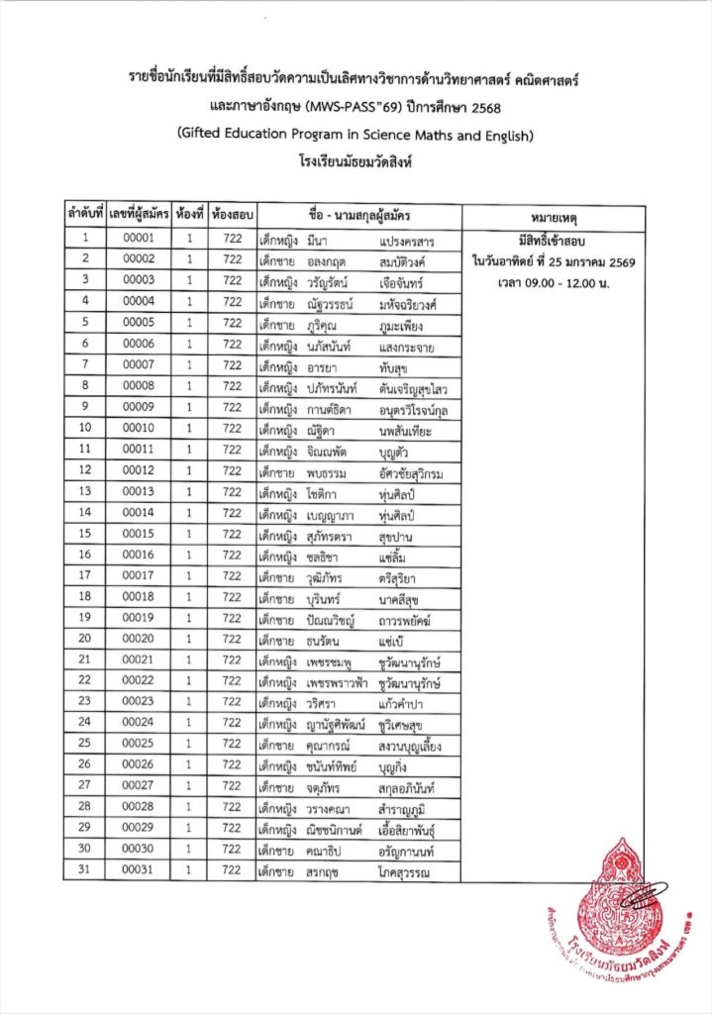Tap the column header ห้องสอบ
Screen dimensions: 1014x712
click(x=233, y=214)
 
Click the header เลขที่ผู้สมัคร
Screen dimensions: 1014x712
click(x=139, y=214)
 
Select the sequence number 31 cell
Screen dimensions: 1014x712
click(x=86, y=870)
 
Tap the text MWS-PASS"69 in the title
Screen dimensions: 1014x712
click(x=346, y=104)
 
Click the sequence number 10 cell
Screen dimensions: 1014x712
click(x=86, y=428)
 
